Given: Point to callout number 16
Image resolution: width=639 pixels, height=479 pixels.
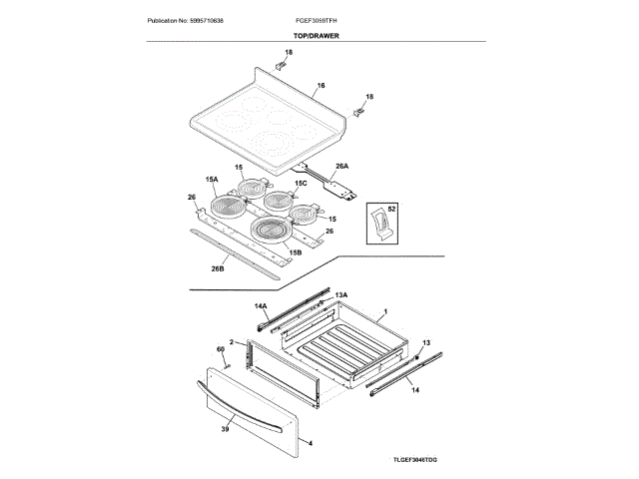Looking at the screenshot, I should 321,87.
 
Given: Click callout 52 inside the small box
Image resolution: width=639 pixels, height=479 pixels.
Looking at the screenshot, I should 392,210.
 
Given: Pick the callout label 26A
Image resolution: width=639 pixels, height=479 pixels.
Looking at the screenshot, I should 341,166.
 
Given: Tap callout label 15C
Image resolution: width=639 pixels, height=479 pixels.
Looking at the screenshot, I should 301,185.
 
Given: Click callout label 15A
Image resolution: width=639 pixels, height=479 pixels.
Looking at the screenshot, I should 212,179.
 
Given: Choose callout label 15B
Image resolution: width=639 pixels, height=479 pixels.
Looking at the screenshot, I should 296,253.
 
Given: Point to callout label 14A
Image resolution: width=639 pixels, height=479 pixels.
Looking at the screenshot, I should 261,305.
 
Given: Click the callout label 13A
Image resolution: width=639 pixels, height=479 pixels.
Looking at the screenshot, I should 340,295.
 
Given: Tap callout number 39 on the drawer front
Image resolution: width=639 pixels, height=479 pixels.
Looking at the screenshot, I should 225,428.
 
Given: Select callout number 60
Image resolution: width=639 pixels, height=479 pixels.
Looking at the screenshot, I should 221,349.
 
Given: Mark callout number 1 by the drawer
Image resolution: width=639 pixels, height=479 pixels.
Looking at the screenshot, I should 385,312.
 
